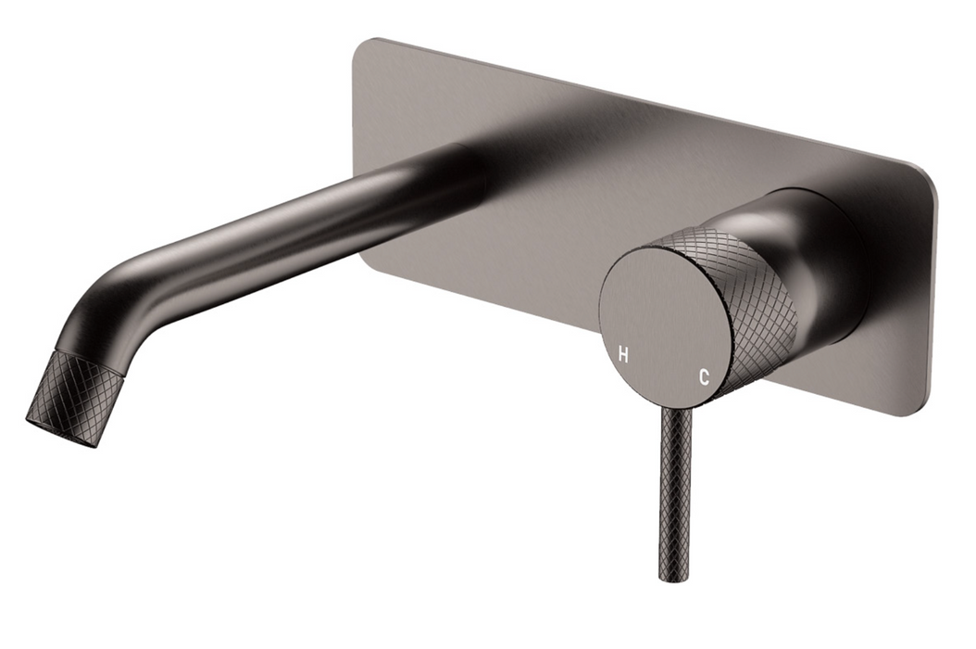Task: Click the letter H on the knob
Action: pos(622,356)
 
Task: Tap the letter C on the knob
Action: pos(704,376)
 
